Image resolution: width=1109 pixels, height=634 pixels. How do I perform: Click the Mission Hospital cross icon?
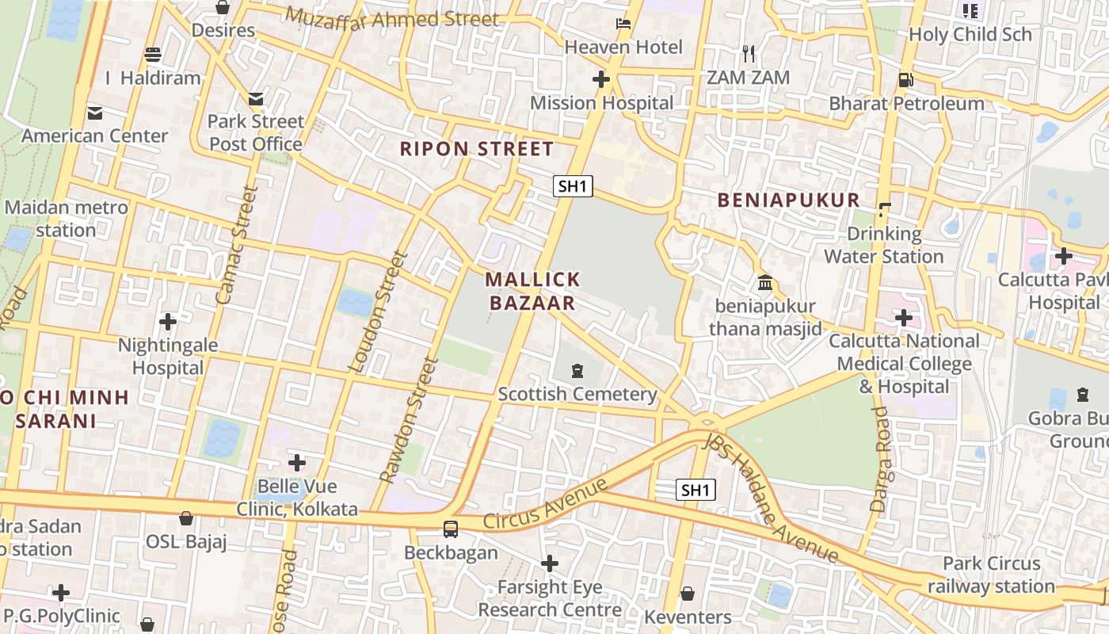pos(601,79)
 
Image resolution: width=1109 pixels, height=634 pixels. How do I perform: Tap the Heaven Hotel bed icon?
pos(623,24)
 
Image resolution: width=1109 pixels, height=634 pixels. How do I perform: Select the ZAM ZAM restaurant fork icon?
pos(749,54)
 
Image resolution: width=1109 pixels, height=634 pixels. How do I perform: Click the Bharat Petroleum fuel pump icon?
pos(905,79)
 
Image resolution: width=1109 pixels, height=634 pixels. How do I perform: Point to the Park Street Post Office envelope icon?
pos(255,98)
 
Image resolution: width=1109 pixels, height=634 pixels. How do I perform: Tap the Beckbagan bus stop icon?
pos(450,529)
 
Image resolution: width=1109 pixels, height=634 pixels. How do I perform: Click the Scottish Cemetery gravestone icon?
pos(577,370)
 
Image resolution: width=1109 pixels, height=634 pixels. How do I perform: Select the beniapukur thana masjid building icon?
pos(765,282)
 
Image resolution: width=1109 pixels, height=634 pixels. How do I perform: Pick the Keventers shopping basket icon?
pos(688,594)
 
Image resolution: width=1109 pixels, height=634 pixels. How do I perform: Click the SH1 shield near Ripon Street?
pos(573,186)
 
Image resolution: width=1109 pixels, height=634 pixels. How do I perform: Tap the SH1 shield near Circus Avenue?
pos(696,490)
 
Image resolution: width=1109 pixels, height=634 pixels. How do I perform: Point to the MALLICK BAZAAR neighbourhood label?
pos(532,291)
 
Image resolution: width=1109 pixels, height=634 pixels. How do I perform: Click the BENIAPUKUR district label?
pos(788,201)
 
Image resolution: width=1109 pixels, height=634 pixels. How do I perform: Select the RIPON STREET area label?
pos(476,149)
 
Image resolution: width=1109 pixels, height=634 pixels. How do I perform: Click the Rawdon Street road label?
pos(409,420)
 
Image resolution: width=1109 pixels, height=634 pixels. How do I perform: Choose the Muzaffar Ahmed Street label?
pos(392,17)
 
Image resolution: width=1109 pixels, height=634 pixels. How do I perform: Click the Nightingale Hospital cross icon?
pos(167,322)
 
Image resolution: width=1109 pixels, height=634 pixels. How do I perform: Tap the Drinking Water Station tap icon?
pos(884,210)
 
